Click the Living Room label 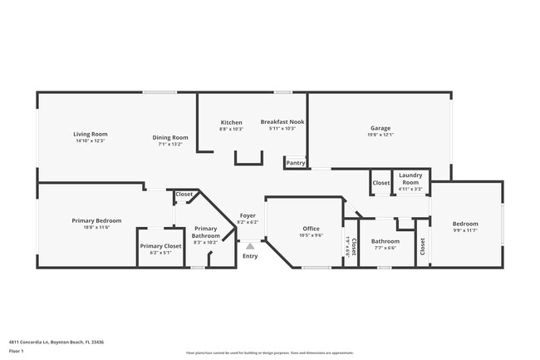[91, 133]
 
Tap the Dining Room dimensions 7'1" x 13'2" [169, 144]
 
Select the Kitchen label [231, 121]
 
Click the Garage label [380, 128]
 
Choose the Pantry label [295, 163]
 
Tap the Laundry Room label [411, 178]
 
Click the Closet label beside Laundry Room [381, 183]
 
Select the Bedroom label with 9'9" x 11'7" [465, 224]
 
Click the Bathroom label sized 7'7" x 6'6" [385, 241]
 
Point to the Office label [311, 229]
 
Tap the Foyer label [248, 215]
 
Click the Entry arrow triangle [250, 246]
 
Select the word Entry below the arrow [250, 256]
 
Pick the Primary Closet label [160, 246]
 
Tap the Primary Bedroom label [96, 220]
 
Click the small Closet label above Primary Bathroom [184, 195]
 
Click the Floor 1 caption [18, 352]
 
